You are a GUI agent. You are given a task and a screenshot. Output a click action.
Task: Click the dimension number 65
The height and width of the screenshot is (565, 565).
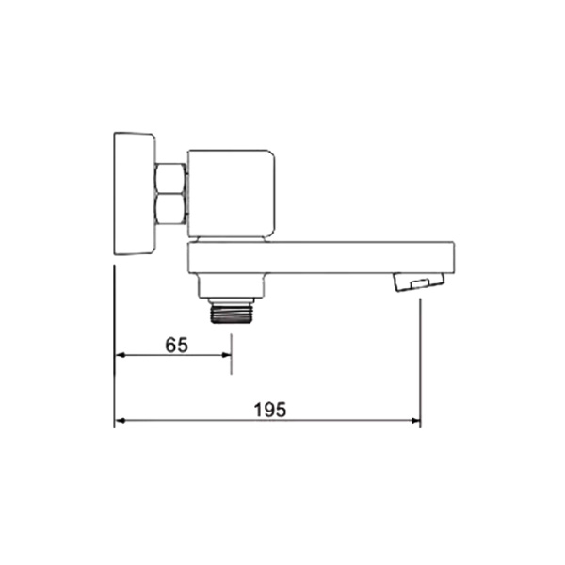pyautogui.click(x=177, y=345)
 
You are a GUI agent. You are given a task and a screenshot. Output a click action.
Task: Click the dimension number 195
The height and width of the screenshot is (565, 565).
pyautogui.click(x=270, y=410)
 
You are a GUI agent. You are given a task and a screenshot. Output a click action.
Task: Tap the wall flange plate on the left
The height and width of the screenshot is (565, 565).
pyautogui.click(x=135, y=194)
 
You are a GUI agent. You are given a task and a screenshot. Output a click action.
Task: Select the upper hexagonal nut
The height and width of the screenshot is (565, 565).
pyautogui.click(x=170, y=178)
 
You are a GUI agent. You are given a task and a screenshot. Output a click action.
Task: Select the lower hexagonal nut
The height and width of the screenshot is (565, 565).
pyautogui.click(x=170, y=209)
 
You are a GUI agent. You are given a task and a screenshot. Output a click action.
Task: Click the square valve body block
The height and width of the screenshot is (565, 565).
pyautogui.click(x=232, y=193)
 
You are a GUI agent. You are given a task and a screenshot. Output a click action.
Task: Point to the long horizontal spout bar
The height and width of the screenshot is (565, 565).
pyautogui.click(x=321, y=258)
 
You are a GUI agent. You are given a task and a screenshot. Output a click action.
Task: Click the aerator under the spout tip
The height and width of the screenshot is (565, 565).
pyautogui.click(x=419, y=282)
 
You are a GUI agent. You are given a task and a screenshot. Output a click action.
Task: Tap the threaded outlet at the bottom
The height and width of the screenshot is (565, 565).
pyautogui.click(x=231, y=313)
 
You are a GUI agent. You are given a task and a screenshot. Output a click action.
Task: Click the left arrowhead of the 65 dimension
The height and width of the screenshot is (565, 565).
pyautogui.click(x=120, y=355)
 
